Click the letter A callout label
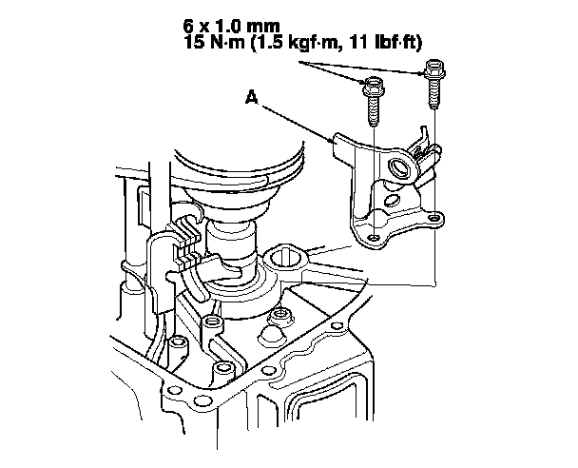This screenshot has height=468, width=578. coord(252,95)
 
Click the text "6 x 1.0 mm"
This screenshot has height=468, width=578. coord(234,27)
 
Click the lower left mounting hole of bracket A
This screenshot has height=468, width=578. coord(374,236)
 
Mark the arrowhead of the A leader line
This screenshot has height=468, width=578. coord(334,142)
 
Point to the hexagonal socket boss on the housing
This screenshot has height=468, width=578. coord(282,256)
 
